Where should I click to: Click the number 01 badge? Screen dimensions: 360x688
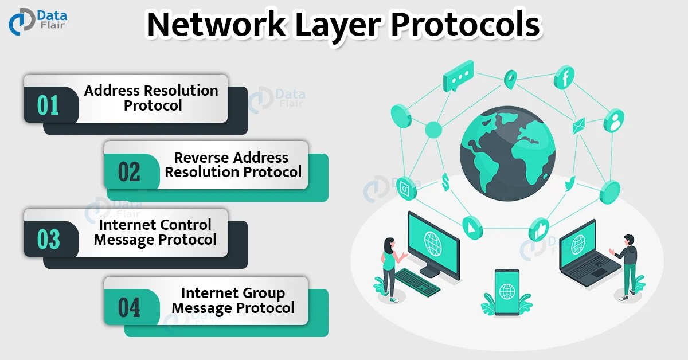pyautogui.click(x=48, y=105)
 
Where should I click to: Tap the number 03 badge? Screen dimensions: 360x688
pyautogui.click(x=48, y=239)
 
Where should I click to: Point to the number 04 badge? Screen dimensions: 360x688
pyautogui.click(x=129, y=307)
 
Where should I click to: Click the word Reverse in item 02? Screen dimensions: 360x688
pyautogui.click(x=202, y=158)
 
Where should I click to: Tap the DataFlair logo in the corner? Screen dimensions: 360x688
pyautogui.click(x=37, y=22)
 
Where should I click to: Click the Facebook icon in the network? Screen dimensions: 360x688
pyautogui.click(x=564, y=77)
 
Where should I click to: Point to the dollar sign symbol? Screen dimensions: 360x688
pyautogui.click(x=445, y=182)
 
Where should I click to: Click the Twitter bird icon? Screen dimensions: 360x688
pyautogui.click(x=569, y=185)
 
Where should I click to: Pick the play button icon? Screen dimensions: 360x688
pyautogui.click(x=471, y=228)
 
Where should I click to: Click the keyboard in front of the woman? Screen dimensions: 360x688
pyautogui.click(x=417, y=280)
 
